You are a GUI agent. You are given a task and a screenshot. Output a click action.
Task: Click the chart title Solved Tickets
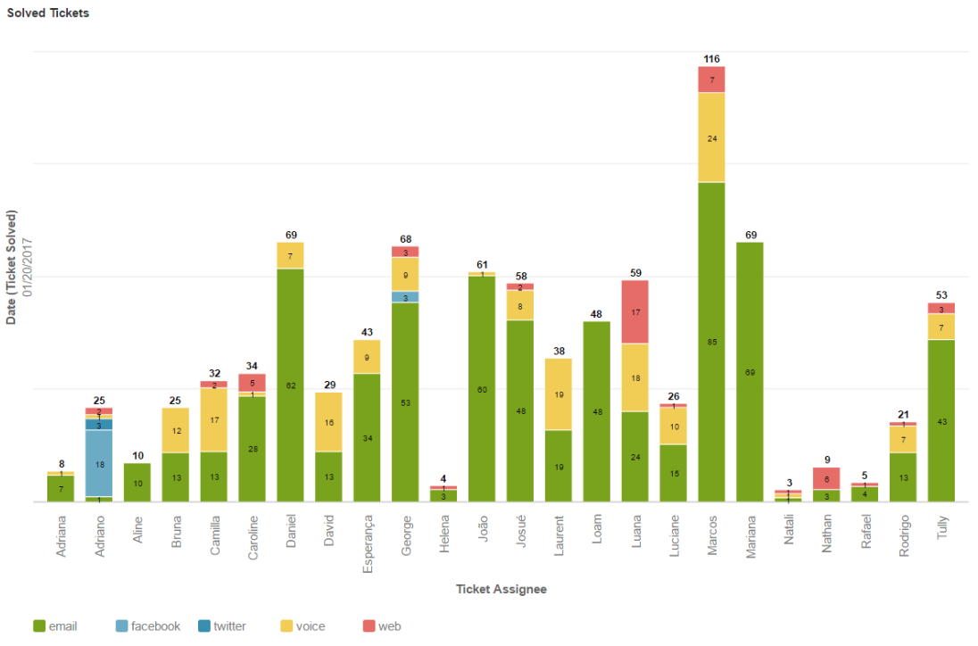(x=48, y=13)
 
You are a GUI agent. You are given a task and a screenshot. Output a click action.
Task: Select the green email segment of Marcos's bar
(x=711, y=342)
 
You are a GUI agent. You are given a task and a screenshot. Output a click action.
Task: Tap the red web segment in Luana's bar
(x=634, y=311)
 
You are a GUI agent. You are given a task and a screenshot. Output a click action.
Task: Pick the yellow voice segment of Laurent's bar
(x=558, y=394)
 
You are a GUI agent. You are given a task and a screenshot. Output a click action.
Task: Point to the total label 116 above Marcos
(x=711, y=59)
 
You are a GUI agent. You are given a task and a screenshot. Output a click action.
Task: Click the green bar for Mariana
(x=750, y=371)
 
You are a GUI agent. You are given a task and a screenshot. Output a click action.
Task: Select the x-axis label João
(x=483, y=533)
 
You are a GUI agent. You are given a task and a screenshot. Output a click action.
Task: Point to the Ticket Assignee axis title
(x=501, y=589)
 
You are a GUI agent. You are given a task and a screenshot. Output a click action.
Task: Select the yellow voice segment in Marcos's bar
(x=711, y=137)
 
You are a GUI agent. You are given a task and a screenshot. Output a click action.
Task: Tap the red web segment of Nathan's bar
(x=826, y=478)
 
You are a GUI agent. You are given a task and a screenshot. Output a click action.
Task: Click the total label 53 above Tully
(x=941, y=295)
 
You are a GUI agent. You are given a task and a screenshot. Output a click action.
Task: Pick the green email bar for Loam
(x=596, y=411)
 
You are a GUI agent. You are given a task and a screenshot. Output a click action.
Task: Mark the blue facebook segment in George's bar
(x=405, y=297)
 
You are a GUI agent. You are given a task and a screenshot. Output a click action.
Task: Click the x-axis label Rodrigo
(x=903, y=536)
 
